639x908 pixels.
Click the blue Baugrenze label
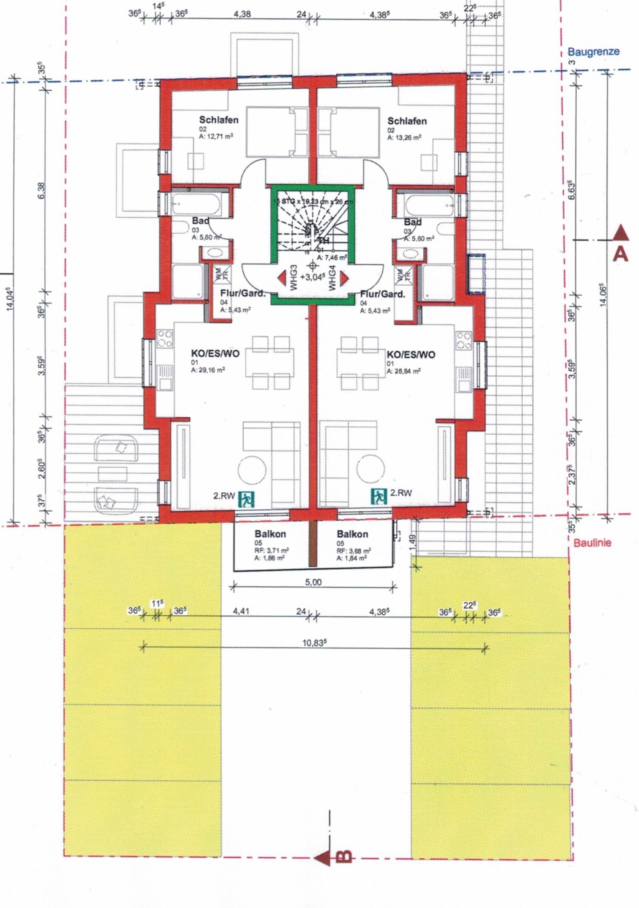coord(593,52)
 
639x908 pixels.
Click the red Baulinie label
coord(592,543)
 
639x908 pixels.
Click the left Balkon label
coord(270,534)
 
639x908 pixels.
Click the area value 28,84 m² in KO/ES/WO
coord(403,371)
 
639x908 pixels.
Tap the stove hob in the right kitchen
coord(464,341)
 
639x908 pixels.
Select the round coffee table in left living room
coord(252,470)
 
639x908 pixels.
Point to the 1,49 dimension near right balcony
coord(411,541)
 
